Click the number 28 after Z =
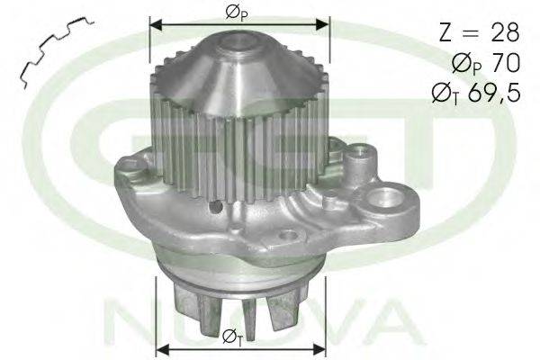pyautogui.click(x=506, y=32)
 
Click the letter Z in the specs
pyautogui.click(x=446, y=32)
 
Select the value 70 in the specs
pyautogui.click(x=506, y=63)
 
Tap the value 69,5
pyautogui.click(x=494, y=93)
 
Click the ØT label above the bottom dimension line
pyautogui.click(x=232, y=337)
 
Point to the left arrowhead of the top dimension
pyautogui.click(x=156, y=24)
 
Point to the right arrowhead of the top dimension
pyautogui.click(x=322, y=24)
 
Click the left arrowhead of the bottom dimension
pyautogui.click(x=162, y=350)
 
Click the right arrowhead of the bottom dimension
pyautogui.click(x=319, y=350)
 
